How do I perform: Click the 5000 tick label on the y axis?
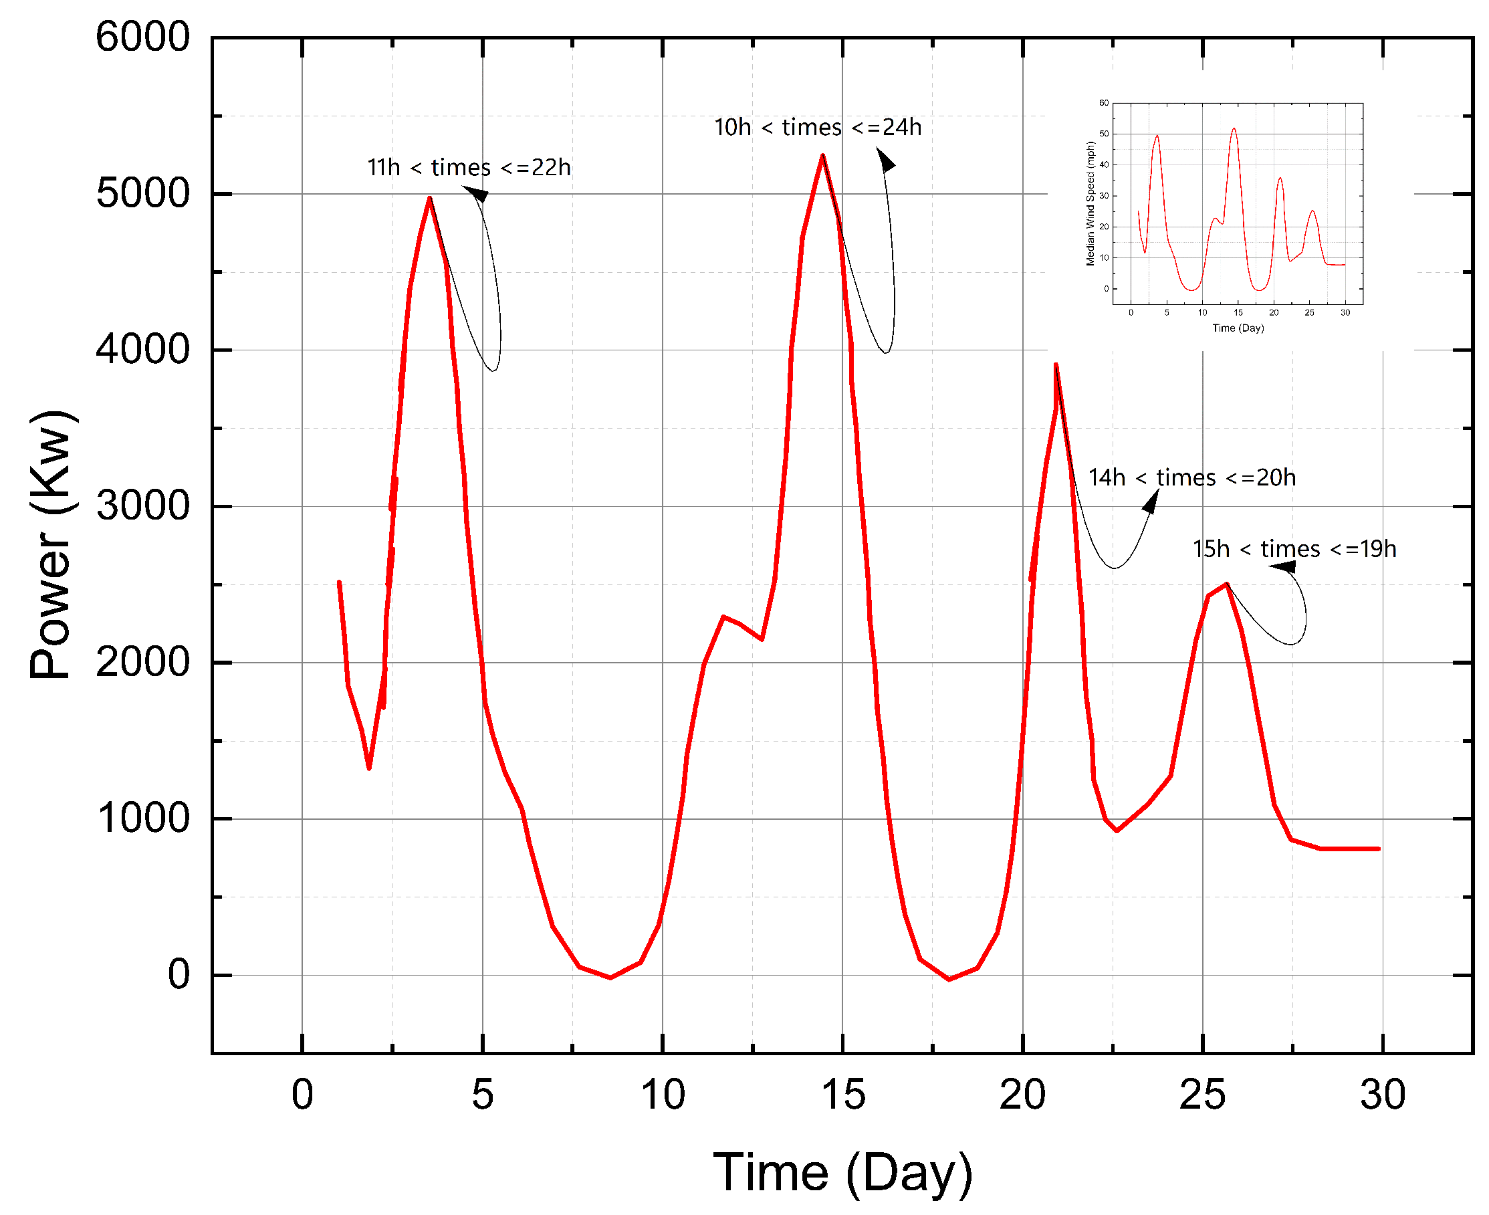click(142, 194)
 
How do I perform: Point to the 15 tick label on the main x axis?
click(843, 1095)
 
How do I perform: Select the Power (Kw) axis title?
click(50, 544)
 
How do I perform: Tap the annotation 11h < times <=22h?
click(469, 168)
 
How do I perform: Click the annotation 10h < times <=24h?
click(818, 127)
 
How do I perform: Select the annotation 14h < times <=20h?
click(1192, 478)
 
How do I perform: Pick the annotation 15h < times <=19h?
click(1295, 550)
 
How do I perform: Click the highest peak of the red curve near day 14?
click(823, 155)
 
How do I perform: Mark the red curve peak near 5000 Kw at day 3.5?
click(430, 199)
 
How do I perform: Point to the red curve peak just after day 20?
click(1056, 364)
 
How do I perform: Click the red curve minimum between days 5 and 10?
click(610, 978)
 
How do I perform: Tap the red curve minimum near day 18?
click(949, 979)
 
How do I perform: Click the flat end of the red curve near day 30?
click(1365, 849)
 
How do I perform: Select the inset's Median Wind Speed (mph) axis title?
click(1090, 204)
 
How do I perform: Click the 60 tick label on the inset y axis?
click(1103, 103)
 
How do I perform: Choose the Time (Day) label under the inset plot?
click(1238, 328)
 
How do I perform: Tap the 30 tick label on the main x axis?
click(1383, 1095)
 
